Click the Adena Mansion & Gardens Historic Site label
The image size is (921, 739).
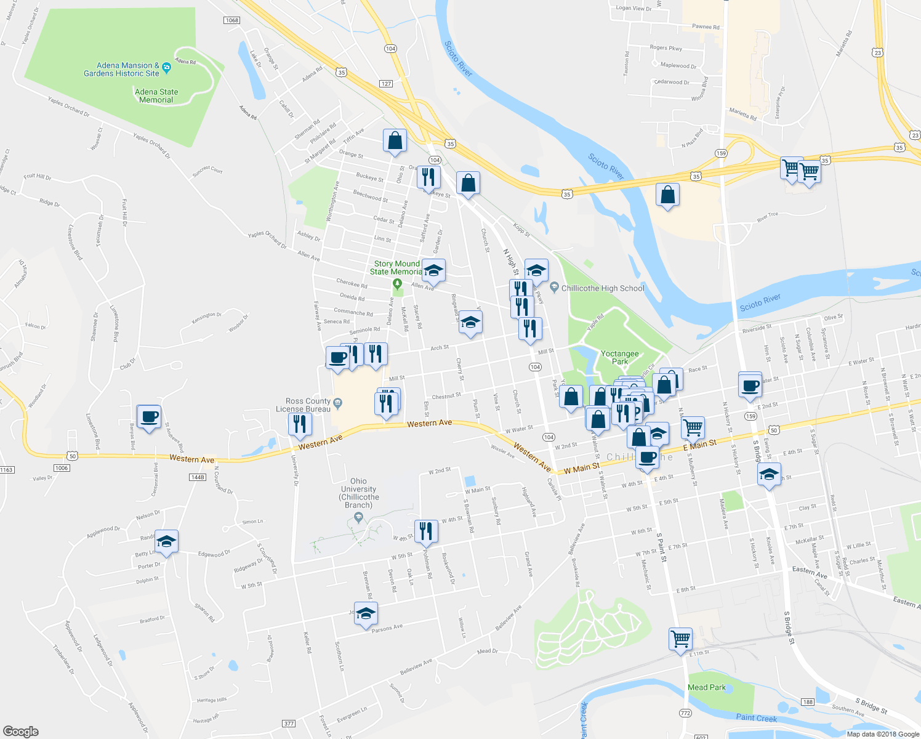pos(122,70)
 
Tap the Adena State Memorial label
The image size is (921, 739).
pos(156,96)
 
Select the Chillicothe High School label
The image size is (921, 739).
pos(603,288)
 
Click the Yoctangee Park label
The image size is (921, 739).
pos(619,358)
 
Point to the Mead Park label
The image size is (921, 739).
pos(707,687)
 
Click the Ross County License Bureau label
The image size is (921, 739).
pos(303,405)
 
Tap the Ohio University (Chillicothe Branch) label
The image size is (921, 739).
pos(358,493)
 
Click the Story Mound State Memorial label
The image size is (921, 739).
pos(396,268)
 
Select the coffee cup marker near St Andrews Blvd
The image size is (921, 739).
pos(149,416)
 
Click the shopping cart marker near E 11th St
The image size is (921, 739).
pos(680,639)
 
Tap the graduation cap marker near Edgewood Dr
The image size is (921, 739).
pos(166,541)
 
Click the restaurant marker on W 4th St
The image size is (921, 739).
pos(426,531)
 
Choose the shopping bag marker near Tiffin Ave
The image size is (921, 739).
pos(395,140)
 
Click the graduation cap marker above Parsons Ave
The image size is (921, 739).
pos(366,613)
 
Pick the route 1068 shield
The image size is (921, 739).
pos(231,20)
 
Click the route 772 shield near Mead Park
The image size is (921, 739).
pos(685,713)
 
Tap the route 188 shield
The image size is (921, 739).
pos(808,702)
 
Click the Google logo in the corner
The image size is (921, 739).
pos(20,731)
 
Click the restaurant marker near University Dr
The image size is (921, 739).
pos(299,424)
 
